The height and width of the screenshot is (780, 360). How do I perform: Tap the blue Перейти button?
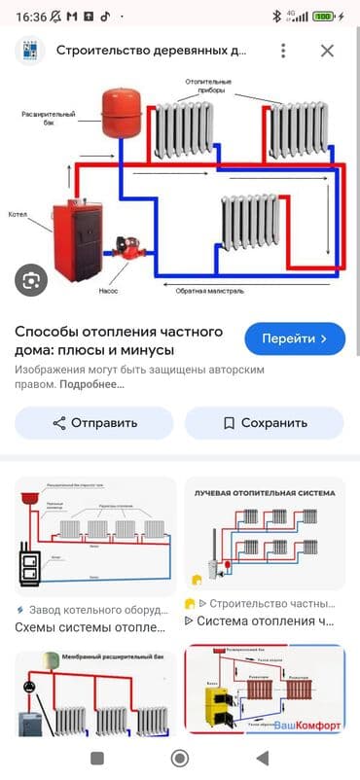(295, 338)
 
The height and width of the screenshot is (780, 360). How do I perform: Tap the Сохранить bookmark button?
(264, 423)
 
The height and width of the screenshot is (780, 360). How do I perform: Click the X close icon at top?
(327, 51)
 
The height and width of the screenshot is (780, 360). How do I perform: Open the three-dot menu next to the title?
(283, 51)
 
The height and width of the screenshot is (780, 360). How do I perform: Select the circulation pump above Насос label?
(125, 247)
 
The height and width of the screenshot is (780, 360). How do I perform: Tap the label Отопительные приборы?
(204, 85)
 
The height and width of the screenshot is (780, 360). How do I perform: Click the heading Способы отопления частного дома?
(119, 338)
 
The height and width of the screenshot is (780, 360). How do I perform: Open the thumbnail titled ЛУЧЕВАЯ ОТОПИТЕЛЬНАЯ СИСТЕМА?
(265, 533)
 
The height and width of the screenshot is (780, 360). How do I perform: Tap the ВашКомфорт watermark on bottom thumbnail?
(307, 726)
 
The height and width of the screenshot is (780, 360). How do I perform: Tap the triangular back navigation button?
(262, 758)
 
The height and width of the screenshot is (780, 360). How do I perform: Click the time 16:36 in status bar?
(31, 16)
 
